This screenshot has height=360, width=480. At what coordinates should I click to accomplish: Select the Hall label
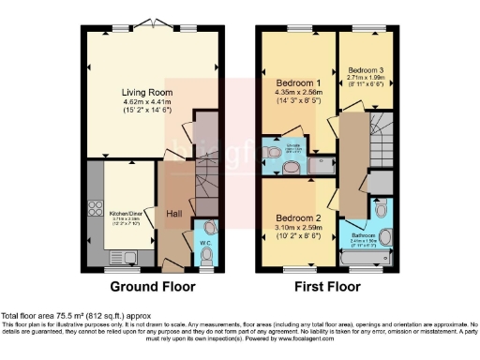tap(174, 215)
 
